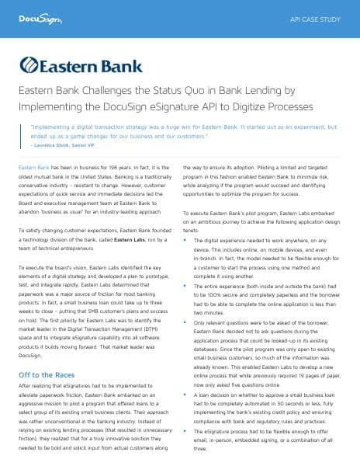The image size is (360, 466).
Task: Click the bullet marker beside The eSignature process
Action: tap(185, 429)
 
